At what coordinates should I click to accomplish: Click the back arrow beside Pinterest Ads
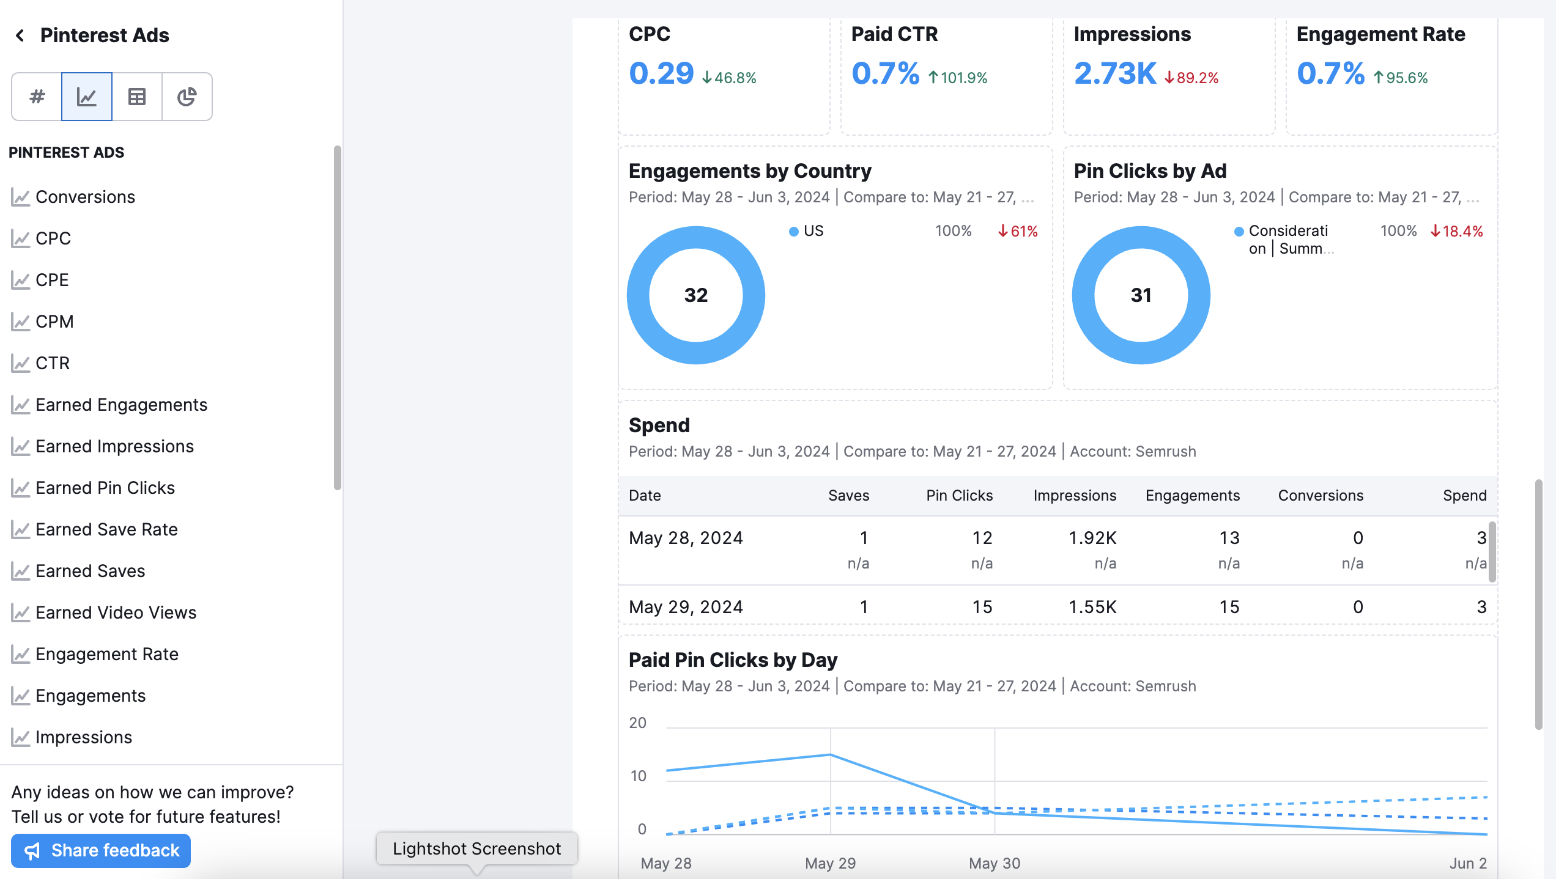(20, 35)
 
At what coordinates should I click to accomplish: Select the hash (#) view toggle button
(37, 97)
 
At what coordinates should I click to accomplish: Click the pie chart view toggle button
(187, 97)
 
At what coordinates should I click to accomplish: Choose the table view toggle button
(136, 97)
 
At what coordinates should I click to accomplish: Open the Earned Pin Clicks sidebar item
(105, 488)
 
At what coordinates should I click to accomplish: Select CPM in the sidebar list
(54, 322)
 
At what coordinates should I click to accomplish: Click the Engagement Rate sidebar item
(106, 654)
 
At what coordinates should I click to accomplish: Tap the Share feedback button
(101, 850)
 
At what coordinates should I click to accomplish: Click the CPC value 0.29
(661, 73)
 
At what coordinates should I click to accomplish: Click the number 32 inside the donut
(695, 295)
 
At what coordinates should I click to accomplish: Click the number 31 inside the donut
(1141, 295)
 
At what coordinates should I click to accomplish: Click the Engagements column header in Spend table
(1192, 495)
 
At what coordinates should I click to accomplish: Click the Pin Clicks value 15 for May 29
(982, 607)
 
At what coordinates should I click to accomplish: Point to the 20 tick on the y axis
(637, 723)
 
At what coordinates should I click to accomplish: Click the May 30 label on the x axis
(994, 863)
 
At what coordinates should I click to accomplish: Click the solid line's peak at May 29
(830, 754)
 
